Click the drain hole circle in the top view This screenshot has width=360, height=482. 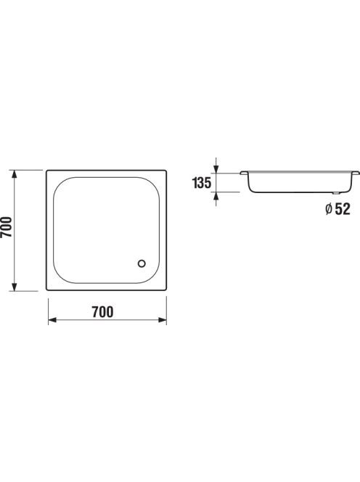pos(142,264)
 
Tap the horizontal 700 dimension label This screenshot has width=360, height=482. pos(102,312)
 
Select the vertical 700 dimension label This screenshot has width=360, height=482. pos(6,227)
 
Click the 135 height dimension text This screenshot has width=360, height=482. pos(202,183)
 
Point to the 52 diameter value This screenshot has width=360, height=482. pos(343,209)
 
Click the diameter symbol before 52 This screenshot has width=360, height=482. pos(329,209)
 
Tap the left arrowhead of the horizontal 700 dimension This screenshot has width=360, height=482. pos(52,320)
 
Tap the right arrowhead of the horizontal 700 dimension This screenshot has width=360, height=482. pos(163,320)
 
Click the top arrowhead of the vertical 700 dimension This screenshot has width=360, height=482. pos(14,174)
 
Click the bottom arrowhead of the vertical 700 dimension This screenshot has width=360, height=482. pos(14,287)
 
